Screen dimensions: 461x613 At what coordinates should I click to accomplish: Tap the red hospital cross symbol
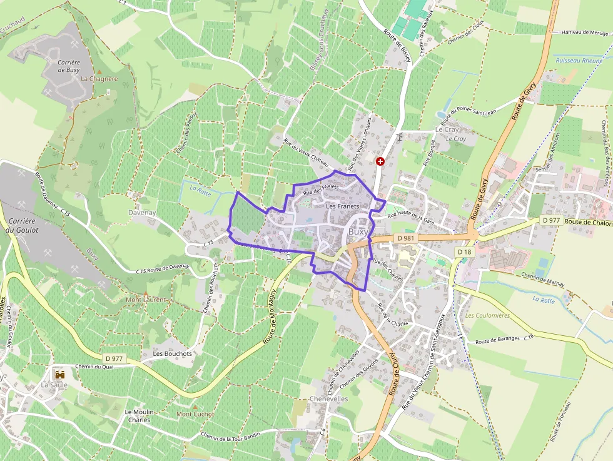point(380,161)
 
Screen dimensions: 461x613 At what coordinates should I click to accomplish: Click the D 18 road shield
point(464,251)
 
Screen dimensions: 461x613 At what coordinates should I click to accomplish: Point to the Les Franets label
point(342,206)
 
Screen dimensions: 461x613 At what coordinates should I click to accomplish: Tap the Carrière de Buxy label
point(68,66)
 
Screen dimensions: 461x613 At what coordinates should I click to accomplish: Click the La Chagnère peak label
point(99,79)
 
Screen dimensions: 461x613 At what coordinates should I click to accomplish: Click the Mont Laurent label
point(146,300)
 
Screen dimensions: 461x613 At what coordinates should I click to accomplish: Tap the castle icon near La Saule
point(60,375)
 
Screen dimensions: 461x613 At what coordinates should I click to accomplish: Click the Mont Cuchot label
point(195,414)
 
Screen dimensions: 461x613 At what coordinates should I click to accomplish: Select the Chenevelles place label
point(328,399)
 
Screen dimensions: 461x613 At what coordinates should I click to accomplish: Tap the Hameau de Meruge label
point(585,32)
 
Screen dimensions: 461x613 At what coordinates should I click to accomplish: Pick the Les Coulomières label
point(487,315)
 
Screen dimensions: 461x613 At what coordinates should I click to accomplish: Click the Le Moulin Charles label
point(139,415)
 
